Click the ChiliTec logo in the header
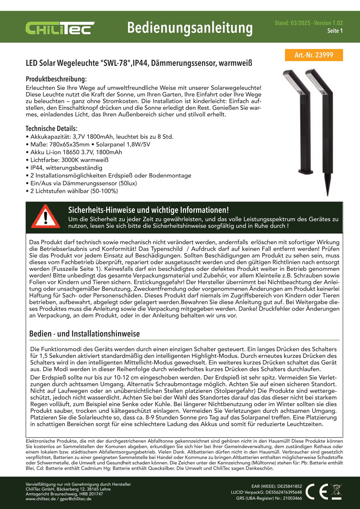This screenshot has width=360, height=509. pyautogui.click(x=60, y=28)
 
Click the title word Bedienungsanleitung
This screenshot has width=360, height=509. pyautogui.click(x=190, y=28)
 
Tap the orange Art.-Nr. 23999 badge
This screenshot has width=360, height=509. pyautogui.click(x=314, y=55)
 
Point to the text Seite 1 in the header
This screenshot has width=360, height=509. pyautogui.click(x=335, y=31)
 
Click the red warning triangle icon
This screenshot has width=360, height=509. pyautogui.click(x=46, y=217)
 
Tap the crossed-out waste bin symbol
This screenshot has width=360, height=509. pyautogui.click(x=336, y=491)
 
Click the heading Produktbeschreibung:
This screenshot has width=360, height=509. pyautogui.click(x=56, y=79)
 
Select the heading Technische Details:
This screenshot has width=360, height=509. pyautogui.click(x=51, y=129)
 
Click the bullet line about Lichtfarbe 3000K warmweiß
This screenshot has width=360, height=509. pyautogui.click(x=69, y=160)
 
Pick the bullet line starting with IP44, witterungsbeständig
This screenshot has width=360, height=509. pyautogui.click(x=66, y=168)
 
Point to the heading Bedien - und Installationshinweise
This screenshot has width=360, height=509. pyautogui.click(x=84, y=334)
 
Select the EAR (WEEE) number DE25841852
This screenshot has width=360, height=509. pyautogui.click(x=290, y=486)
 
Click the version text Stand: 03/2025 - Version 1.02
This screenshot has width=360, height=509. pyautogui.click(x=309, y=23)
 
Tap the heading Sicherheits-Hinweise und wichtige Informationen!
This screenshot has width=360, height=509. pyautogui.click(x=148, y=210)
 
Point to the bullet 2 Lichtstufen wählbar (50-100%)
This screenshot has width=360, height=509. pyautogui.click(x=74, y=191)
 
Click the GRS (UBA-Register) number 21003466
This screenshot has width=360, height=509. pyautogui.click(x=292, y=498)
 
